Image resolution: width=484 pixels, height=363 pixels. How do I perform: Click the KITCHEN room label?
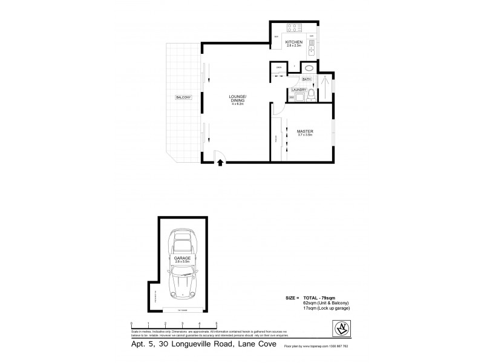[294, 42]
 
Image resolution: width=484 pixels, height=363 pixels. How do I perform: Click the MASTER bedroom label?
[304, 132]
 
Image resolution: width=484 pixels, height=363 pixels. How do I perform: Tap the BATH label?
[306, 79]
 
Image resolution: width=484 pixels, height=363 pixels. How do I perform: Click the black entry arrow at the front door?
[220, 162]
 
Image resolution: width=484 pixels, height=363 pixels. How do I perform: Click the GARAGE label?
[182, 258]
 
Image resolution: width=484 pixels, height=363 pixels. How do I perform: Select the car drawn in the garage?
[182, 266]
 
